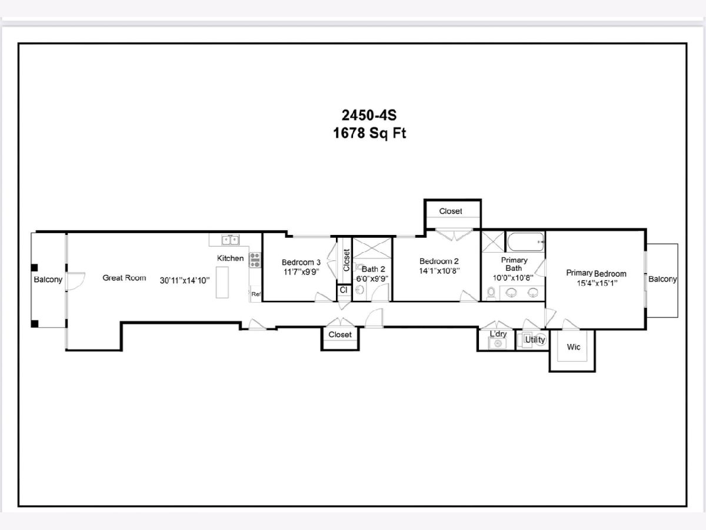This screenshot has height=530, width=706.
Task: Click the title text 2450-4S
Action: click(x=369, y=115)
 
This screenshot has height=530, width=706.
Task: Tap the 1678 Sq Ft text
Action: click(x=369, y=133)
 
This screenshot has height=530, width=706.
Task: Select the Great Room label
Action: click(x=124, y=278)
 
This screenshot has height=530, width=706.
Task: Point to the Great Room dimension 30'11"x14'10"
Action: click(x=185, y=281)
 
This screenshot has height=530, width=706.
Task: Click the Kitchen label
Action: click(x=230, y=258)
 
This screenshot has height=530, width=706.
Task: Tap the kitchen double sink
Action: click(x=230, y=240)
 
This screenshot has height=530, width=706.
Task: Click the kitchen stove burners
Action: click(x=255, y=260)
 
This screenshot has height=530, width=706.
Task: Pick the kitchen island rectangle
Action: click(x=222, y=282)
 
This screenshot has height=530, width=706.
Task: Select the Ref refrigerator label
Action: click(x=256, y=294)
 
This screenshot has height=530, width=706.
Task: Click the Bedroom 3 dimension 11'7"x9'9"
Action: click(x=301, y=272)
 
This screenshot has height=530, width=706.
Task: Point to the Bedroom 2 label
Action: click(x=439, y=261)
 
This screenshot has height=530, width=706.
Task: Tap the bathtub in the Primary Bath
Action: click(x=525, y=241)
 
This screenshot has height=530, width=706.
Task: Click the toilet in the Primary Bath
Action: click(x=491, y=293)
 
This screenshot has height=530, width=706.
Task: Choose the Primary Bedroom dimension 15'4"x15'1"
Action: click(x=597, y=283)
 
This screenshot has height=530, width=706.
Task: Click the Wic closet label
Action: click(x=574, y=347)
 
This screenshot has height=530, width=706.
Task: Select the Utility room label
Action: click(x=535, y=340)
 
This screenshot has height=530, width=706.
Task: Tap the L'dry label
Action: click(x=498, y=334)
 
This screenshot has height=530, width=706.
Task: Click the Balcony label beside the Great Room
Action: click(x=48, y=279)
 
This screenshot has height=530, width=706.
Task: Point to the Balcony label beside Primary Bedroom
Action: click(x=662, y=279)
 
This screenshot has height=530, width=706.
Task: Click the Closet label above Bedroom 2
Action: click(x=451, y=211)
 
